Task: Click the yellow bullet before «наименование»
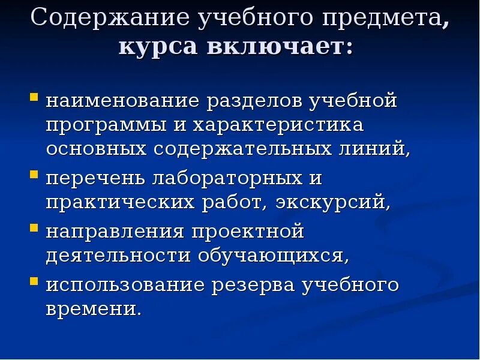pyautogui.click(x=34, y=96)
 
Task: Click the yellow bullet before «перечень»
pyautogui.click(x=34, y=174)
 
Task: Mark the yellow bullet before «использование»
pyautogui.click(x=34, y=280)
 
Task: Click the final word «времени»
pyautogui.click(x=93, y=309)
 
